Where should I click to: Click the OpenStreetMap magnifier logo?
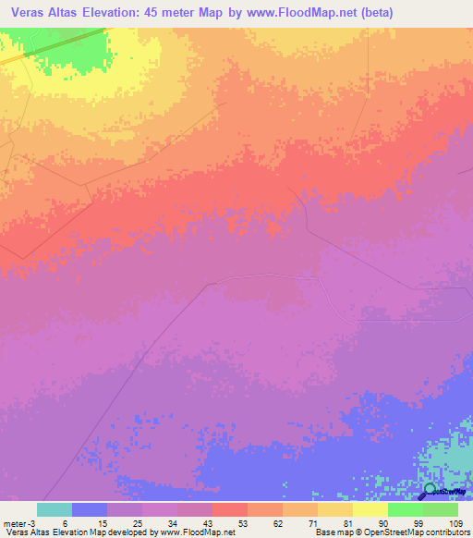click(430, 490)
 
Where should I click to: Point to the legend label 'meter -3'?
click(18, 521)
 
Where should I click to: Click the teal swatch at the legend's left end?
click(55, 509)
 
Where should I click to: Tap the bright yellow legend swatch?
click(370, 509)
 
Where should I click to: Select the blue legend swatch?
click(90, 509)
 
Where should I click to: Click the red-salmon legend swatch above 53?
click(230, 509)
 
